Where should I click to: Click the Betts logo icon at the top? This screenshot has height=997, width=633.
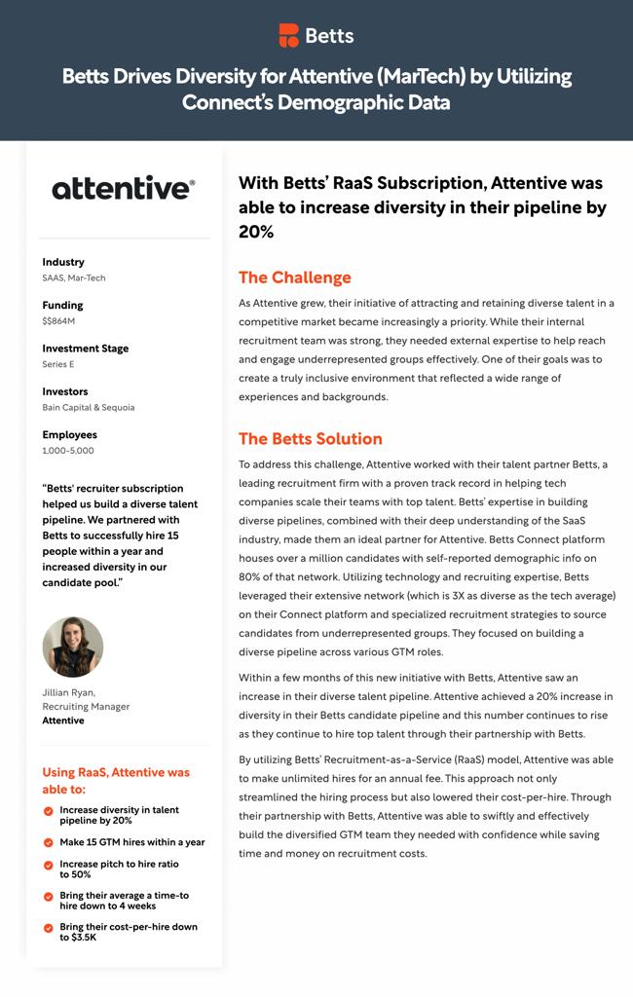point(289,36)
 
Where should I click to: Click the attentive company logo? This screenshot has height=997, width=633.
point(124,187)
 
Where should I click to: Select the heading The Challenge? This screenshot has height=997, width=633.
point(294,277)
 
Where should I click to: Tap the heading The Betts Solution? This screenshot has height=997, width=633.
point(310,438)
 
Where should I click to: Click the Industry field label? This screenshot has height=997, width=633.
point(63,262)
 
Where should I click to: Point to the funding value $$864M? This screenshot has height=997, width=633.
point(58,321)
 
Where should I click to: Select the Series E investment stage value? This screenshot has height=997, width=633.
point(58,364)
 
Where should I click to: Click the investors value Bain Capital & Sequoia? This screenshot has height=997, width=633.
point(89,407)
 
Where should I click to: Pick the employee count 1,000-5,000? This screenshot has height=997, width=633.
point(68,451)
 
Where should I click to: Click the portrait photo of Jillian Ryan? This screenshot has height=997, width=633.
point(73,646)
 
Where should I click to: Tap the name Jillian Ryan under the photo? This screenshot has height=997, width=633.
point(69,693)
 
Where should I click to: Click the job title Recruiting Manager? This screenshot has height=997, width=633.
point(86,707)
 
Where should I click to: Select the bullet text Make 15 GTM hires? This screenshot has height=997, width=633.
point(131,842)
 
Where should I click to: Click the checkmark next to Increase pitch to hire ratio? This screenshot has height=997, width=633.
point(49,865)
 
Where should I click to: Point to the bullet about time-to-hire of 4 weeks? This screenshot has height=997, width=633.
point(124,901)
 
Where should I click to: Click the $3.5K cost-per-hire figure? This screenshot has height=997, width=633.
point(78,938)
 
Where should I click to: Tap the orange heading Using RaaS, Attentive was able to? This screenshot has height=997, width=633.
point(115,781)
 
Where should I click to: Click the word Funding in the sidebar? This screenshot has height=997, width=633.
point(62,305)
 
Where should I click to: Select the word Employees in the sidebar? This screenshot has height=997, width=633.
point(69,434)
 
